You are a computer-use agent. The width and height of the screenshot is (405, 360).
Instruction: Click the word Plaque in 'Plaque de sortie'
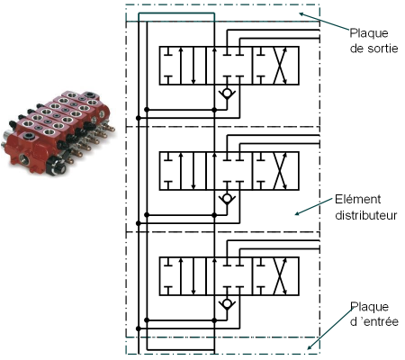click(369, 33)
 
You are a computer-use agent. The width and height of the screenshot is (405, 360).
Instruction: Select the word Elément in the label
click(357, 199)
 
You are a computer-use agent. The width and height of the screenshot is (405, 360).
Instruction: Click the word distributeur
click(366, 215)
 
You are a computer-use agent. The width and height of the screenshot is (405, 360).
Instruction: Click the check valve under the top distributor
click(227, 94)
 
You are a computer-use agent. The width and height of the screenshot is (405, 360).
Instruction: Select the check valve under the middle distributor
click(227, 199)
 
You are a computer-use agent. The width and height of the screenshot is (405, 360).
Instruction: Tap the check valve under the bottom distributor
click(227, 304)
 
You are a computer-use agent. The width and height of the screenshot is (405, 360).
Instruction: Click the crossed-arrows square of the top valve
click(275, 66)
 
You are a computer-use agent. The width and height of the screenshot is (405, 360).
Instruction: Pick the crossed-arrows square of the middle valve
click(275, 171)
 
